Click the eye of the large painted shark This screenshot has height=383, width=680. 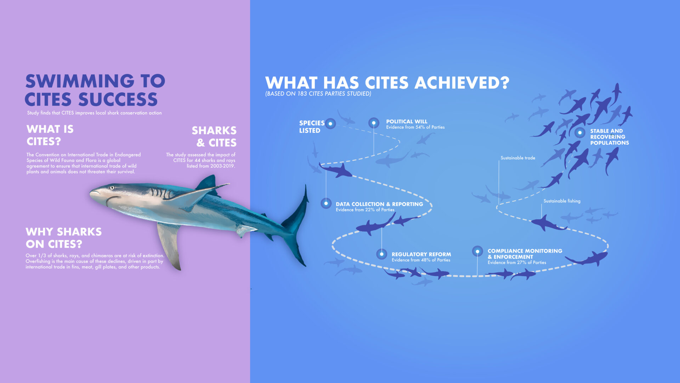coord(112,188)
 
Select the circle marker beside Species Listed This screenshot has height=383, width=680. coord(330,123)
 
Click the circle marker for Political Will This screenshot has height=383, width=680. coord(374,123)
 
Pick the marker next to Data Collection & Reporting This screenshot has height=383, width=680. coord(326,203)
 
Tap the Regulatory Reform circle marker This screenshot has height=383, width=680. coord(381,254)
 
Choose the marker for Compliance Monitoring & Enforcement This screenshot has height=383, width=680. coord(477,251)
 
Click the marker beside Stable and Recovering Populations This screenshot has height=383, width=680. coord(580,133)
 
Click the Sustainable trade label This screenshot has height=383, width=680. coord(518,158)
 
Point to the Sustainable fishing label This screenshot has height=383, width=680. coord(562,201)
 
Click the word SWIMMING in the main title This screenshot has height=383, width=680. coord(80,81)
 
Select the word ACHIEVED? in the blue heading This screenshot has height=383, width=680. coord(462,83)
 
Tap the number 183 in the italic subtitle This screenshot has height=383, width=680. coord(302,94)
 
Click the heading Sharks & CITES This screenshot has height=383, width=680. coord(214,137)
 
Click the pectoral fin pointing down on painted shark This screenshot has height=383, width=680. coord(170,245)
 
